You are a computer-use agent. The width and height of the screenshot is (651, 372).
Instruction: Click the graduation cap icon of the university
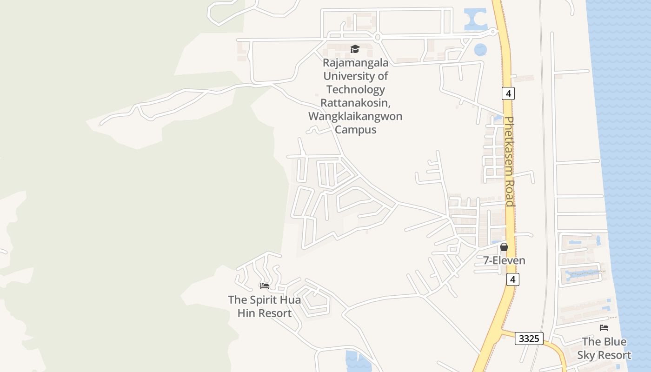355,49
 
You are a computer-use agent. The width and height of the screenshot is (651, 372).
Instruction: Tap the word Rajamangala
356,63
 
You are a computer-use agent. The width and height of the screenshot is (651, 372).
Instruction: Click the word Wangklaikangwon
355,116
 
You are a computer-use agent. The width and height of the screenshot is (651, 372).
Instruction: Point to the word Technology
356,89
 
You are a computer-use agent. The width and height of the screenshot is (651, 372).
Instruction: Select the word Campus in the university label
355,130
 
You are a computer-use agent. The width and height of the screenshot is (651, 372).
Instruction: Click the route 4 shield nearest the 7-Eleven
512,279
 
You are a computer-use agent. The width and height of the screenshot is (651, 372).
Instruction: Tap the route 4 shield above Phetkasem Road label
508,93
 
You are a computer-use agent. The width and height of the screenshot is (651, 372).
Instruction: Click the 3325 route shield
529,339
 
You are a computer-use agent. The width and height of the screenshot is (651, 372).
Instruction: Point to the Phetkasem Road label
510,161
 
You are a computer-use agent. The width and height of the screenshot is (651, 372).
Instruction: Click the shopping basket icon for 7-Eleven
504,247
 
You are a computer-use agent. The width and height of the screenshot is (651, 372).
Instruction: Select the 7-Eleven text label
504,260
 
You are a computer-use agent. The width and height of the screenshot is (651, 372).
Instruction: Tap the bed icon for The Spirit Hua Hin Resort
265,286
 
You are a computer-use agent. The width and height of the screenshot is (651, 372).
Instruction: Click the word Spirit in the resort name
265,300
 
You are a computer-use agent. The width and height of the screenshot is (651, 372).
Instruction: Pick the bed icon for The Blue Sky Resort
604,328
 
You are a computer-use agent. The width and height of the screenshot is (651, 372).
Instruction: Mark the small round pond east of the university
480,49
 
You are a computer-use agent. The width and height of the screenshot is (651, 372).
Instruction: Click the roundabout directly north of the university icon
378,37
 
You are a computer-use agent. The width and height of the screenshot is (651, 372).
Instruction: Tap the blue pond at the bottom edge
358,361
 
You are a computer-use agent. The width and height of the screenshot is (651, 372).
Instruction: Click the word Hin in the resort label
246,313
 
